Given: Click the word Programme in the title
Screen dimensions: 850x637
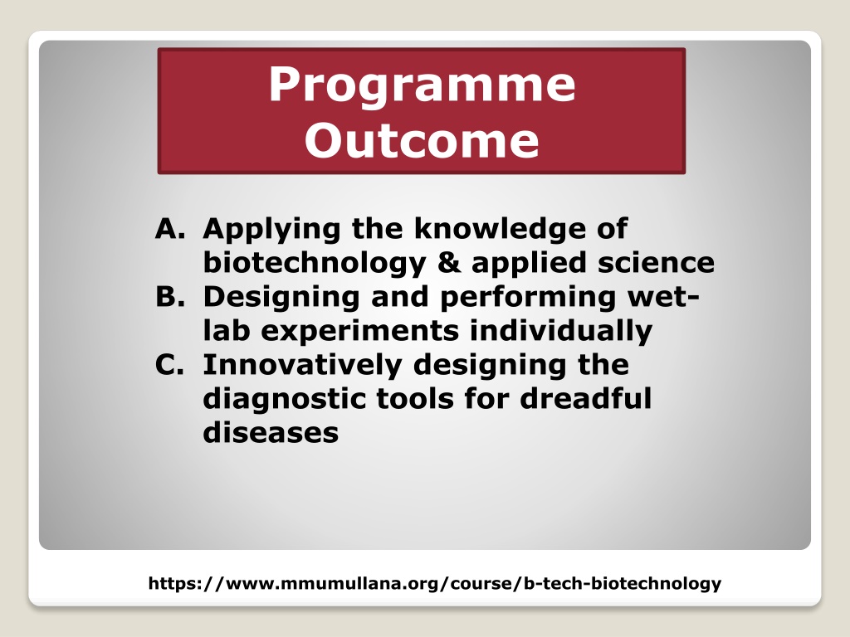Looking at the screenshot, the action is [x=422, y=85].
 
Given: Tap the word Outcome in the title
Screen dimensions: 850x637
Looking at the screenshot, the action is [x=422, y=140].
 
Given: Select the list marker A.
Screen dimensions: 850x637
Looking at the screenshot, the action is [x=169, y=229].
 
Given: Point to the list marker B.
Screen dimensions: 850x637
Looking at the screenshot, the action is [x=169, y=297].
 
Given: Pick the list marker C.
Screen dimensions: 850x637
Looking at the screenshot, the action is [x=169, y=365].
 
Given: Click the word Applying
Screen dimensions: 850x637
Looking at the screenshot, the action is [x=271, y=231].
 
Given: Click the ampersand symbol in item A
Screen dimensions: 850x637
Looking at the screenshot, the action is [x=449, y=263].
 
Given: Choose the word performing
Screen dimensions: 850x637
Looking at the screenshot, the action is [x=528, y=299].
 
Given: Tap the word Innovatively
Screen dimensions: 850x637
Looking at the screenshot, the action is [x=302, y=366].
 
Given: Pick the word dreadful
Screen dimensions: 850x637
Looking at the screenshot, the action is [x=585, y=398].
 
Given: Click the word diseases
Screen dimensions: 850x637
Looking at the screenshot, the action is [x=271, y=432].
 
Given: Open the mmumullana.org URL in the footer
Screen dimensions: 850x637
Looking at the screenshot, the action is [x=435, y=583].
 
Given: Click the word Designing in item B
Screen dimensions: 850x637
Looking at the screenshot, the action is [x=281, y=299].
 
